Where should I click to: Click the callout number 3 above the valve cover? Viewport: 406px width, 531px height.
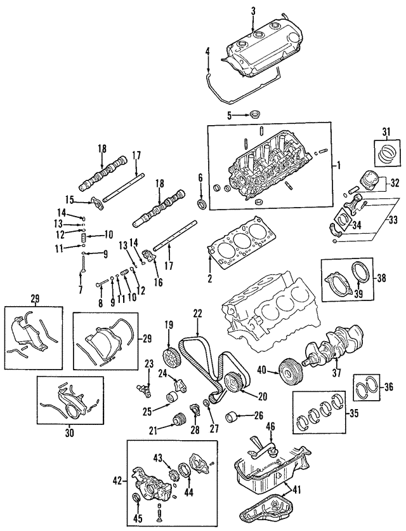(253, 10)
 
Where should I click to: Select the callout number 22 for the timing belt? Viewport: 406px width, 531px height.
(197, 314)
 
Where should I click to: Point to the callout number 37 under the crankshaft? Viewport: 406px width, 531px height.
(336, 373)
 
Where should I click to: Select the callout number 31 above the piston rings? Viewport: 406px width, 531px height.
(386, 131)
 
